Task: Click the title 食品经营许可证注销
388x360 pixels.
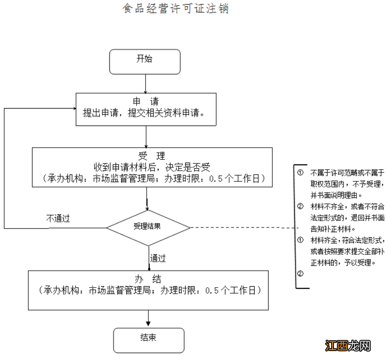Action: click(x=176, y=9)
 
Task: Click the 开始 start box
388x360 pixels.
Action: click(x=145, y=60)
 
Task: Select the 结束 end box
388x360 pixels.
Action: click(x=148, y=338)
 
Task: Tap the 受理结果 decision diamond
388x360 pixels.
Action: click(x=147, y=227)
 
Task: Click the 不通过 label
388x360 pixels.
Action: click(x=58, y=219)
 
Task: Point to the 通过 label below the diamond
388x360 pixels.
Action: click(x=158, y=258)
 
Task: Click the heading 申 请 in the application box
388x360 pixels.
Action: click(x=146, y=102)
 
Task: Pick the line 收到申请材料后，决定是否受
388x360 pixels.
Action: click(x=151, y=167)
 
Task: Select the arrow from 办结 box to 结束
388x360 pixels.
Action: click(x=148, y=318)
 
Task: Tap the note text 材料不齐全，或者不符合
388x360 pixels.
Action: click(x=347, y=207)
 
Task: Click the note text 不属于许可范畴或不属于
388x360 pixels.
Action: click(x=347, y=172)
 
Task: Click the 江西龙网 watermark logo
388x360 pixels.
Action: click(x=348, y=346)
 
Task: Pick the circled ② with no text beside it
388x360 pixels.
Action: click(x=301, y=274)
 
